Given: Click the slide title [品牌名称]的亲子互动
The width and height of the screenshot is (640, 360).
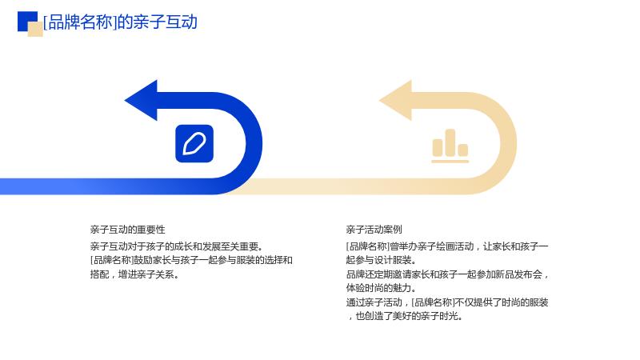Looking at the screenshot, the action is point(120,22).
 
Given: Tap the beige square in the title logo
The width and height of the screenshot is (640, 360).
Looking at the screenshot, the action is point(35,30).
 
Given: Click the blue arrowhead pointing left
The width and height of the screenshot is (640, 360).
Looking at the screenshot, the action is point(141,101).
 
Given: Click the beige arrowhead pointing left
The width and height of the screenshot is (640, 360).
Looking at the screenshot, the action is point(395,101).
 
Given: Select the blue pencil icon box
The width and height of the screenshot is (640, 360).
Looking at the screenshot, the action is point(194,144).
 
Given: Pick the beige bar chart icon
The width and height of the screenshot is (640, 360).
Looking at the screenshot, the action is point(450,146).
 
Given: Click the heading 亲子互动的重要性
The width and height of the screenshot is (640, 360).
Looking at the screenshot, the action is point(128,230).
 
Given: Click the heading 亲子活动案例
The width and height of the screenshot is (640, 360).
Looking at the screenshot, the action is point(374,230).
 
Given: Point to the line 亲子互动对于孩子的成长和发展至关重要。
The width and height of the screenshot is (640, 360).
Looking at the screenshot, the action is point(177,246).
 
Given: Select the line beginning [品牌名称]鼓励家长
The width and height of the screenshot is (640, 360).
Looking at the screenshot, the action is point(191,261).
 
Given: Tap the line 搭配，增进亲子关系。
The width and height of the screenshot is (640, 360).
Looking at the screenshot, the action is point(134,274).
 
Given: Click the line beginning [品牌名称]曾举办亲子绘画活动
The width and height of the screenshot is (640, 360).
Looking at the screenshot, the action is point(447,246).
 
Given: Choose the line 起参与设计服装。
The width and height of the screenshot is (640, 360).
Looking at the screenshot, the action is point(382,261).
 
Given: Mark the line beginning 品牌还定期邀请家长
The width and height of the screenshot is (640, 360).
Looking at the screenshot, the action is point(447,274).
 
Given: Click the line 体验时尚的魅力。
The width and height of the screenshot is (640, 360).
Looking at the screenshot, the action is point(382,288).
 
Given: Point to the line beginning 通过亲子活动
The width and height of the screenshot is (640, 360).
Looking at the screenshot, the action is point(447,302).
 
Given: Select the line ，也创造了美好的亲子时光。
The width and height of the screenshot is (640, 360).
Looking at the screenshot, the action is point(405,316).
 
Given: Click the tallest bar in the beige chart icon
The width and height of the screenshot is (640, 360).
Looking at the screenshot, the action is point(450,143).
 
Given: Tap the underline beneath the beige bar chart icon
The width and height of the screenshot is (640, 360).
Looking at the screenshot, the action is point(450,162).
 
